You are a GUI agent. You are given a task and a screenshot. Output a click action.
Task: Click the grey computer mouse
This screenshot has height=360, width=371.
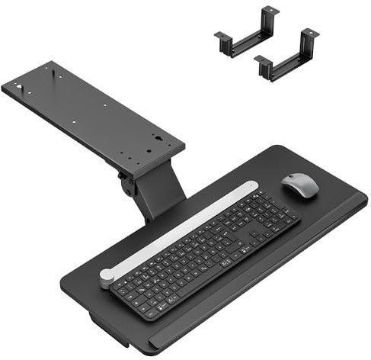pyautogui.click(x=299, y=185)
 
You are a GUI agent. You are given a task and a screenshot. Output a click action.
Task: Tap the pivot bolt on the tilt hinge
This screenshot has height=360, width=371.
pyautogui.click(x=125, y=183)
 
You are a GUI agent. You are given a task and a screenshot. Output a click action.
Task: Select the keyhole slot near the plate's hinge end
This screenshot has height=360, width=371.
pyautogui.click(x=158, y=140)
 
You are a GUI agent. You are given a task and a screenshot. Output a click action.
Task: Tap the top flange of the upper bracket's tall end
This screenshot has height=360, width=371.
pyautogui.click(x=269, y=11)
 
